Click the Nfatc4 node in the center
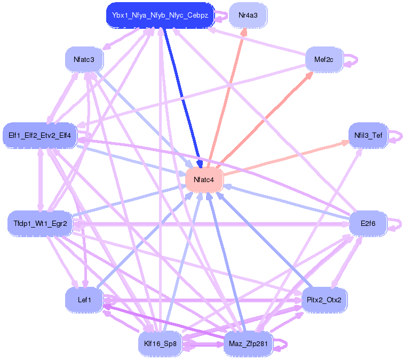[x=204, y=180]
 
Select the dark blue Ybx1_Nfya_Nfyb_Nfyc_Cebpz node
[x=160, y=15]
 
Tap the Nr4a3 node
[x=248, y=15]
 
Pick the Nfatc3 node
[x=84, y=60]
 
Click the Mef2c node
[x=324, y=60]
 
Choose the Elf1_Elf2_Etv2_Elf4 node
[x=39, y=135]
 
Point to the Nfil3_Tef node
[x=368, y=135]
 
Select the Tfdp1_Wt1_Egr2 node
[x=40, y=224]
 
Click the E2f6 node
[x=368, y=224]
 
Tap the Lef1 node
[x=84, y=300]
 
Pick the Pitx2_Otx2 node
[x=324, y=300]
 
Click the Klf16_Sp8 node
[x=160, y=344]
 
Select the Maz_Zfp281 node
[x=248, y=344]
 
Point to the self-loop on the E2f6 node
[x=401, y=224]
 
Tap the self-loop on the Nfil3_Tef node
[x=401, y=136]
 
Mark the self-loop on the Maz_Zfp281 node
[x=286, y=345]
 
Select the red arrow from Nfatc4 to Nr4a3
[x=226, y=98]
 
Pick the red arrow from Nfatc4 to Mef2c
[x=266, y=120]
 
